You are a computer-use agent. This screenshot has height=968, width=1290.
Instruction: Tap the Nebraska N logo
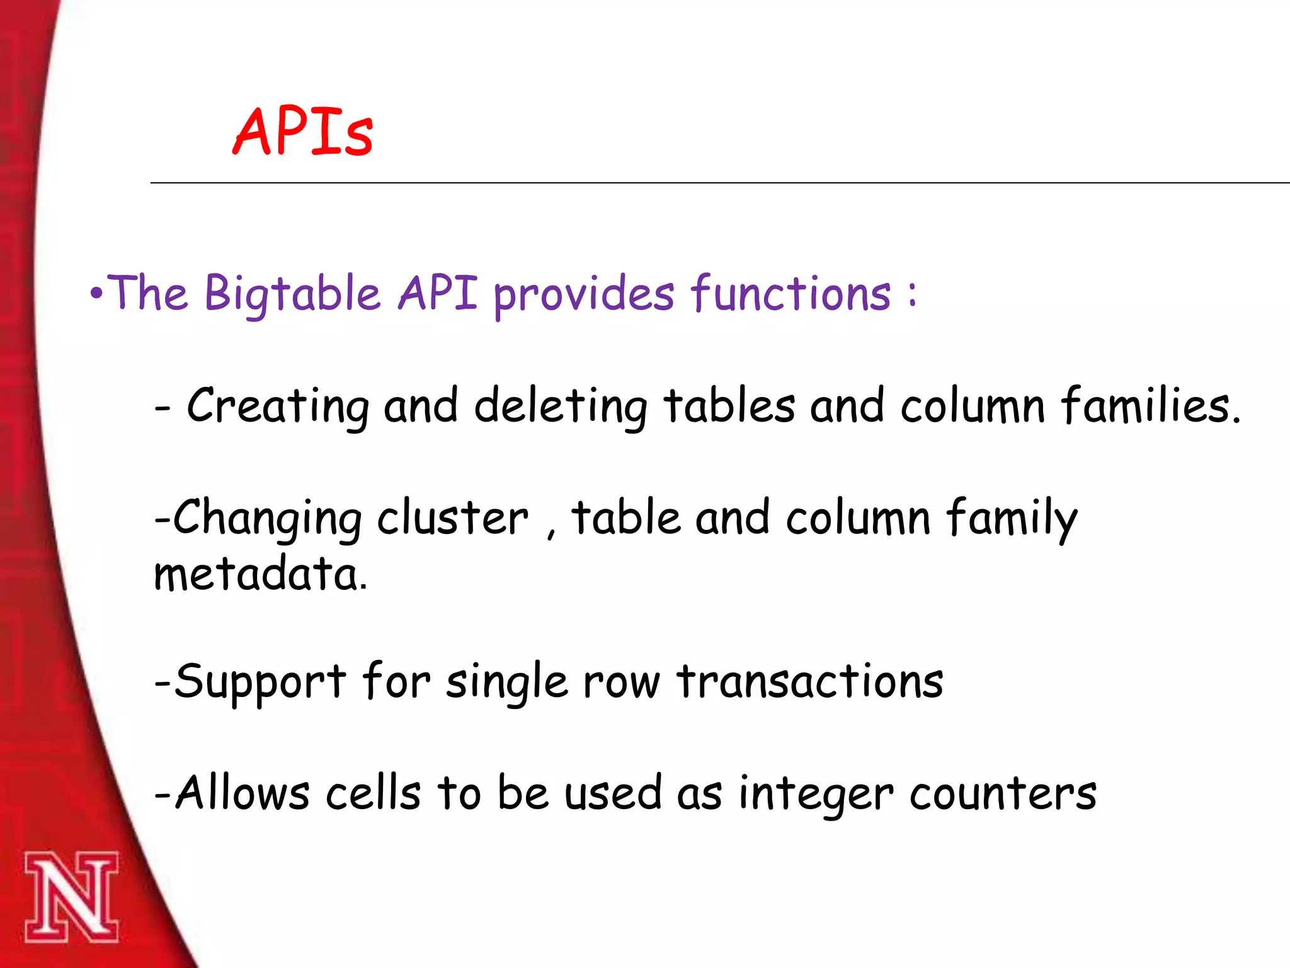pyautogui.click(x=71, y=897)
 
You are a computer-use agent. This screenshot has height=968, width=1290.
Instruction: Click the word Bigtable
pyautogui.click(x=292, y=294)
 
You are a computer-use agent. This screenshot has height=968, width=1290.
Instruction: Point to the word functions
pyautogui.click(x=791, y=294)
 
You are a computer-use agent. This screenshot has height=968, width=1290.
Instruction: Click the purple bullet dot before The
pyautogui.click(x=96, y=294)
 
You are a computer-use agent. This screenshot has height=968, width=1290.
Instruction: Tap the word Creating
pyautogui.click(x=277, y=406)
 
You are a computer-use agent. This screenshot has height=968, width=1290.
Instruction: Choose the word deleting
pyautogui.click(x=560, y=406)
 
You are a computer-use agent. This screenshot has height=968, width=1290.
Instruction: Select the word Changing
pyautogui.click(x=267, y=519)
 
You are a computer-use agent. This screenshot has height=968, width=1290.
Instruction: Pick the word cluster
pyautogui.click(x=452, y=519)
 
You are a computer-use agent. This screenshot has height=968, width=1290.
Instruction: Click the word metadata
pyautogui.click(x=260, y=575)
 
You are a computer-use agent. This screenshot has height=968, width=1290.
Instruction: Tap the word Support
pyautogui.click(x=260, y=683)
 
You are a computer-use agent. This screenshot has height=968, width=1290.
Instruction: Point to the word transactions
pyautogui.click(x=810, y=683)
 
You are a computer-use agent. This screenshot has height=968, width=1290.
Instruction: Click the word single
pyautogui.click(x=507, y=683)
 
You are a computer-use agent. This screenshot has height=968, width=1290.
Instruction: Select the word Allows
pyautogui.click(x=242, y=793)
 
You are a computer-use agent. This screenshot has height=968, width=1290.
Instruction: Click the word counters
pyautogui.click(x=1003, y=793)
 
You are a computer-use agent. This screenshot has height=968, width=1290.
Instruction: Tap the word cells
pyautogui.click(x=373, y=793)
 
